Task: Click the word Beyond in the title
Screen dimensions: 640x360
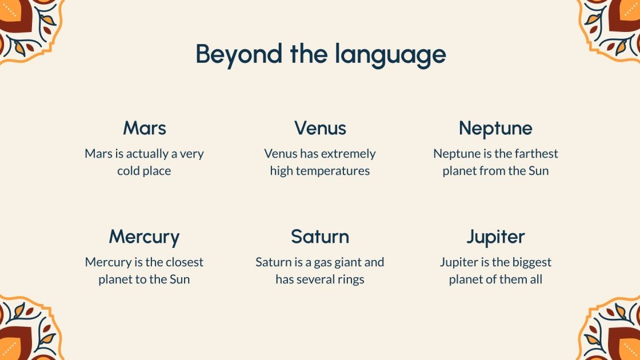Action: coord(239,54)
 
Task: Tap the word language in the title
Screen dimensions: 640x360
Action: coord(391,54)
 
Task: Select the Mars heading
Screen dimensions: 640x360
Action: coord(145,128)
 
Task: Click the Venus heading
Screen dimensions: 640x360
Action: coord(320,128)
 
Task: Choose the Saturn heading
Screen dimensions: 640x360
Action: coord(320,237)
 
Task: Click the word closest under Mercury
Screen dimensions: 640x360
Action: coord(185,262)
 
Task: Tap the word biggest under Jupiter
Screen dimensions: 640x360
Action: coord(532,262)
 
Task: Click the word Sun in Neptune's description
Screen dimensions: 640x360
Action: coord(538,171)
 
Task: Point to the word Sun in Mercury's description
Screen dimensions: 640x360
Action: coord(179,279)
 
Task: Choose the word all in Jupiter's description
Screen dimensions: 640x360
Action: coord(536,279)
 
